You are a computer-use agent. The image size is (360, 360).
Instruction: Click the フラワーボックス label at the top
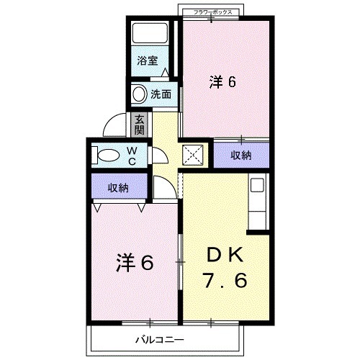point(212,12)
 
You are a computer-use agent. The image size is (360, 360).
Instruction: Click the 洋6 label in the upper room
point(223,81)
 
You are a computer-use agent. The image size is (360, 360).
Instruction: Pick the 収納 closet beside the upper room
point(241,155)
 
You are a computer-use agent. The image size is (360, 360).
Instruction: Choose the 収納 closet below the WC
point(119,188)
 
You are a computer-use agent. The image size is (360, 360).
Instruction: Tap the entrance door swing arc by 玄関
point(115,125)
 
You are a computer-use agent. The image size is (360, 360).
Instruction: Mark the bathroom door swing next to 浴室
point(166,72)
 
